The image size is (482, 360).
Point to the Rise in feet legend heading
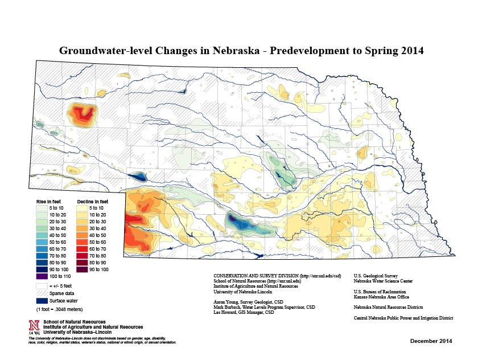(48, 202)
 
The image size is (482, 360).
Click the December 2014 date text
(431, 341)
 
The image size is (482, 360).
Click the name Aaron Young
(226, 301)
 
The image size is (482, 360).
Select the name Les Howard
(225, 312)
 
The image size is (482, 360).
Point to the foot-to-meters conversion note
(59, 309)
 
